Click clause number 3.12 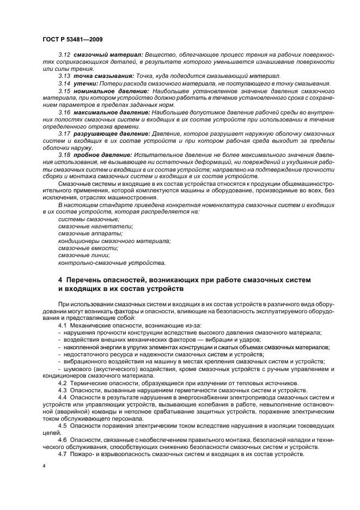64,56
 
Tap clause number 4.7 63,454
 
